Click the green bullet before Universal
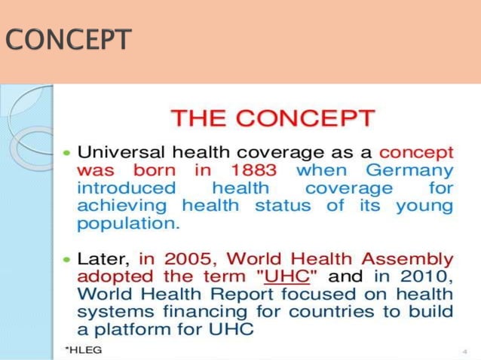(x=66, y=151)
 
